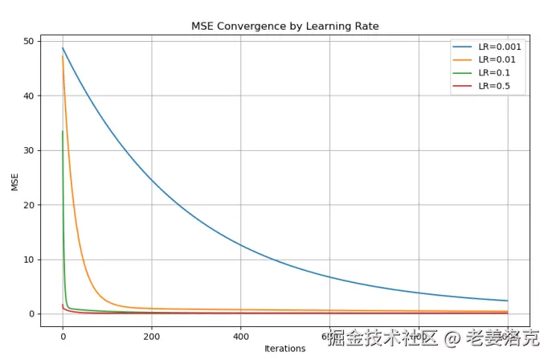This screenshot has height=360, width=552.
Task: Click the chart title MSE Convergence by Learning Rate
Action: click(284, 27)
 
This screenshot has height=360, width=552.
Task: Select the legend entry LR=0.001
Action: click(499, 47)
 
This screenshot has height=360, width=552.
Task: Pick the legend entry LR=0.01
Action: click(497, 59)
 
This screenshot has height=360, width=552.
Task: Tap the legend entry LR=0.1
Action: click(494, 72)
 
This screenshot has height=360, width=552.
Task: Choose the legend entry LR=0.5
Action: click(494, 85)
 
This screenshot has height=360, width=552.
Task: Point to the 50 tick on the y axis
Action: click(29, 41)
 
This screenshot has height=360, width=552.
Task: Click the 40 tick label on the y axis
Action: click(29, 96)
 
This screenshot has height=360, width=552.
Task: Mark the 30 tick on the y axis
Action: click(29, 150)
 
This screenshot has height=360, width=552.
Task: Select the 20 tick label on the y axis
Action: click(29, 205)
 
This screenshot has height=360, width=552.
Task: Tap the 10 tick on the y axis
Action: click(29, 260)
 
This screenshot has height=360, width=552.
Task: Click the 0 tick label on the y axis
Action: click(31, 314)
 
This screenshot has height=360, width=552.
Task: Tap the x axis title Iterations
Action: click(284, 349)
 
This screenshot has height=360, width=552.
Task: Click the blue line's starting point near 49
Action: click(63, 48)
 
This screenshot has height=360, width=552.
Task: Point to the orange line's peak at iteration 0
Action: click(63, 55)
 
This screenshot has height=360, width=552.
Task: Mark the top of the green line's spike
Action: click(63, 131)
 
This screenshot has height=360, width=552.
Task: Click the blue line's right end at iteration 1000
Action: click(508, 301)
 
